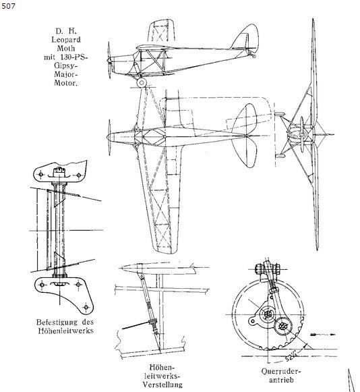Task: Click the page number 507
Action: click(x=8, y=6)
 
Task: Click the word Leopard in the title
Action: click(x=66, y=40)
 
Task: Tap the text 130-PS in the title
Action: click(x=73, y=57)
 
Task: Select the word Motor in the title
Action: click(x=65, y=83)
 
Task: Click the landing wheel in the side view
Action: click(x=142, y=82)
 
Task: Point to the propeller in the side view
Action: click(x=109, y=60)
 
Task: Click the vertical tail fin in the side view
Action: click(x=245, y=37)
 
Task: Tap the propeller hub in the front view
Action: click(x=302, y=135)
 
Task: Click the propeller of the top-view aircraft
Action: click(x=109, y=137)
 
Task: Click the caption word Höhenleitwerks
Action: click(x=66, y=331)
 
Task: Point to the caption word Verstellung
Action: click(x=162, y=385)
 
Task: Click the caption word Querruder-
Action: click(x=281, y=371)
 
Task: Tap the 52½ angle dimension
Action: click(x=291, y=356)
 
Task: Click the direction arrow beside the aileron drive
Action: click(x=323, y=334)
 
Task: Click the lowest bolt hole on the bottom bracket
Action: click(x=86, y=306)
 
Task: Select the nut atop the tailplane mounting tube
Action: click(x=59, y=171)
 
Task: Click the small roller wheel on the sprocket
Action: click(x=283, y=327)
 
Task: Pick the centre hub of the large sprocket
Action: click(x=268, y=314)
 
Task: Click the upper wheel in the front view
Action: click(x=280, y=114)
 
